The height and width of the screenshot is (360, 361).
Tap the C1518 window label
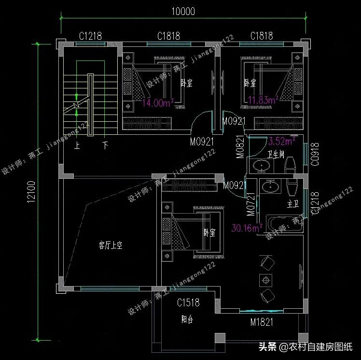tap(188, 303)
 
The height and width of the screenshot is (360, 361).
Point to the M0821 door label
tap(240, 148)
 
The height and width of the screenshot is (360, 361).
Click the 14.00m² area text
tap(157, 102)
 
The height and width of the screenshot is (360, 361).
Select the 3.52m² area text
tap(281, 142)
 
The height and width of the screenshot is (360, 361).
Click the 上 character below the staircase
tap(76, 144)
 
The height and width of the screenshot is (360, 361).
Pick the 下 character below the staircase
tap(105, 144)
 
